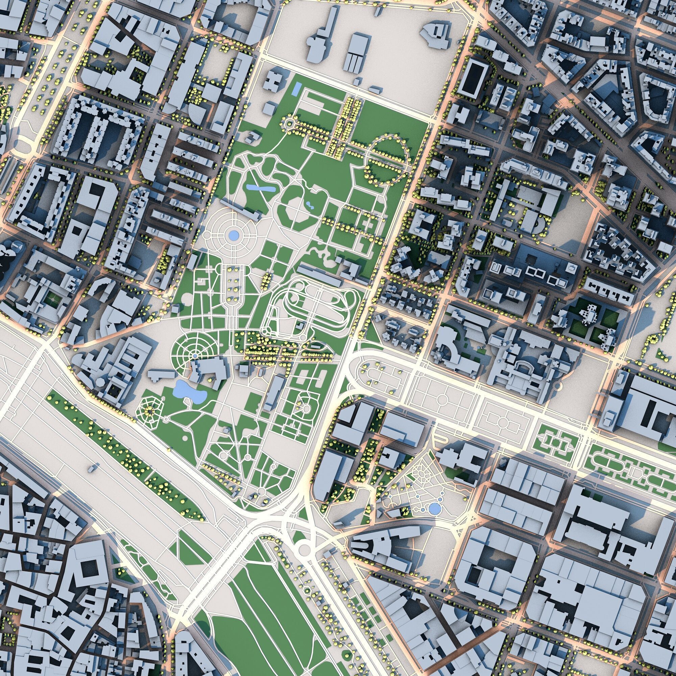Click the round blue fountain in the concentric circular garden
(232, 235)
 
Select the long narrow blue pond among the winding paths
(260, 188)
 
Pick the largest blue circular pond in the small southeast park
(435, 508)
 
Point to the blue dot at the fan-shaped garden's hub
(195, 356)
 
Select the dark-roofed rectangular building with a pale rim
(473, 79)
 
